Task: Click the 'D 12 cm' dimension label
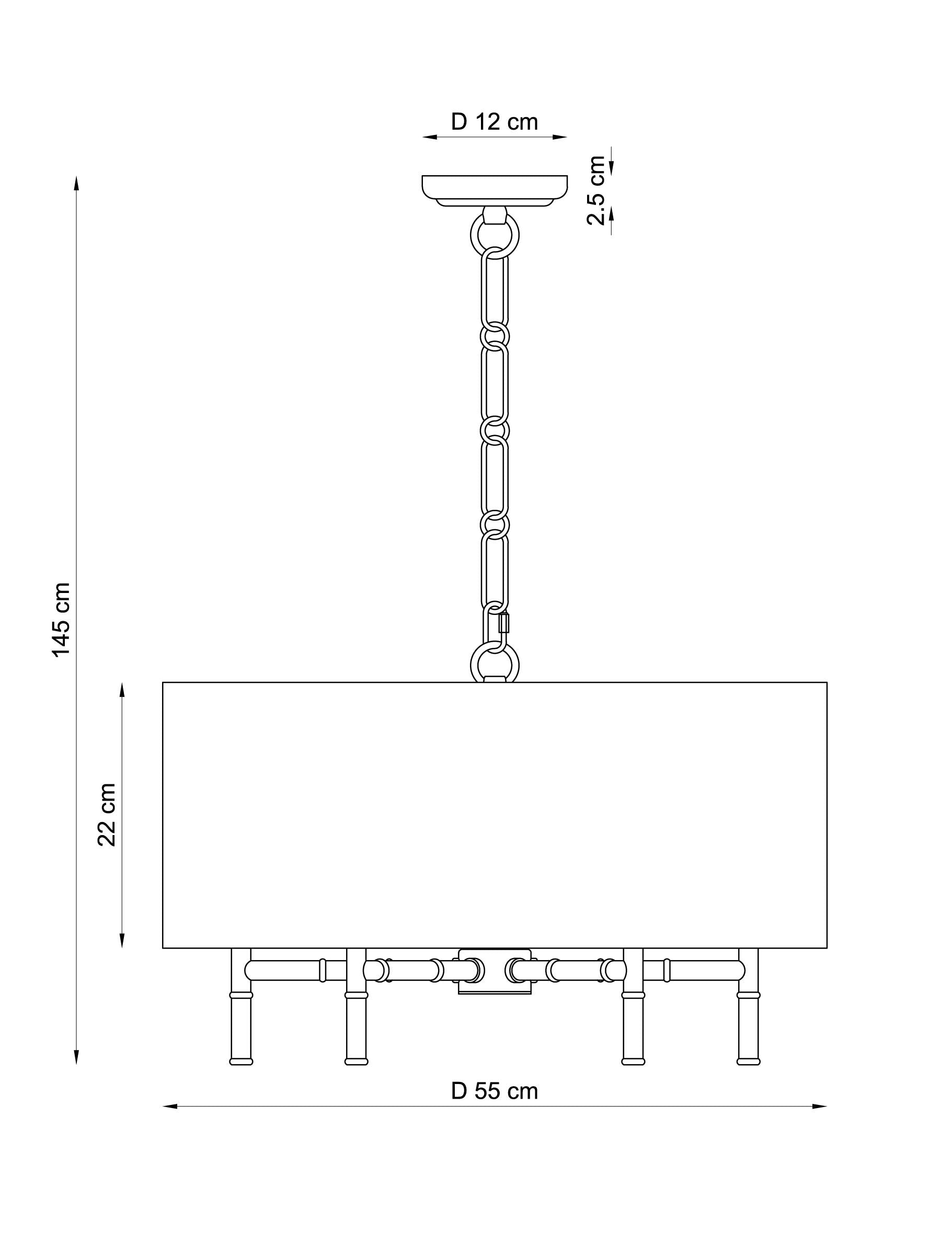(494, 122)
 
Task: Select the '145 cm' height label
(61, 620)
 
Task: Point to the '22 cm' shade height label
(107, 815)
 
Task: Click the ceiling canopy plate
(494, 191)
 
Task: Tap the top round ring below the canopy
(495, 235)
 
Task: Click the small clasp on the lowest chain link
(503, 623)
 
